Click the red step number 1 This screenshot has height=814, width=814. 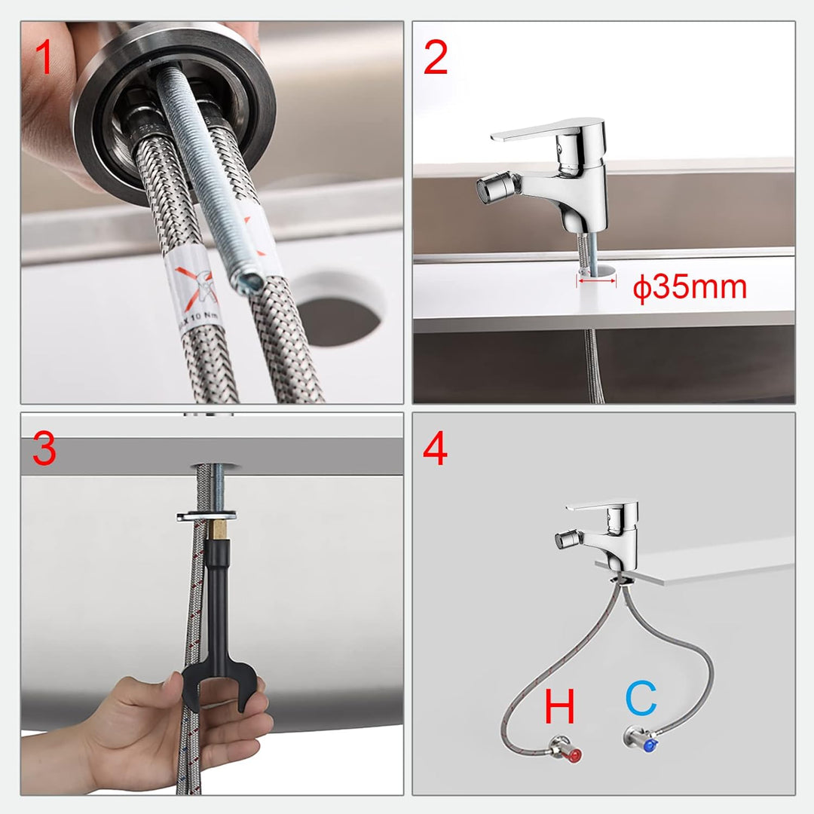click(45, 60)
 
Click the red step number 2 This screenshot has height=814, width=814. click(436, 60)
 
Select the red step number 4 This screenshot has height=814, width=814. click(436, 450)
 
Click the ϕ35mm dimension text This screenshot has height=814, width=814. click(690, 288)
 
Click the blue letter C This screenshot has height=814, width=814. click(641, 700)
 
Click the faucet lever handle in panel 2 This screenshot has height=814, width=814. click(539, 130)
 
